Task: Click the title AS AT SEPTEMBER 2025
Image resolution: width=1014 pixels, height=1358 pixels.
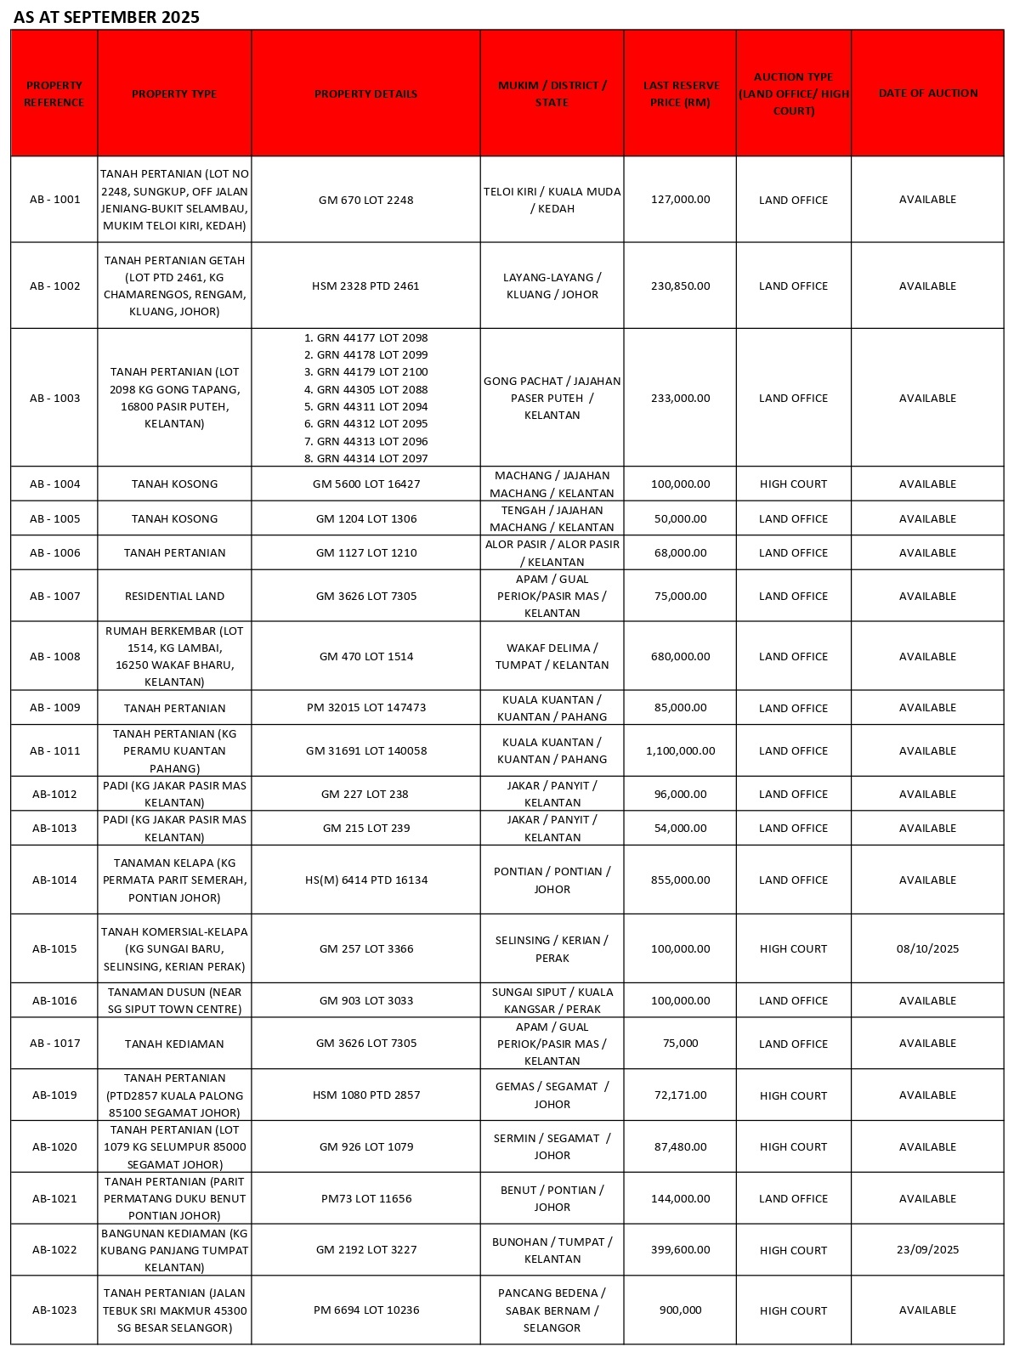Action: coord(106,17)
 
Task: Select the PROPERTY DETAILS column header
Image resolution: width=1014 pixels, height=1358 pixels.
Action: coord(365,93)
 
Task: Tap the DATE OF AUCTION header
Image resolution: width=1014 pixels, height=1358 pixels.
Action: coord(927,93)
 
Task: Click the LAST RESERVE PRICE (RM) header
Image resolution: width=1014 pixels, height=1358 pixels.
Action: coord(680,93)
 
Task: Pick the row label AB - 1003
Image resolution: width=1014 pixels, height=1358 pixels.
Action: coord(54,398)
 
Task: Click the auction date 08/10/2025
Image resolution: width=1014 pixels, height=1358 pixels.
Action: coord(927,948)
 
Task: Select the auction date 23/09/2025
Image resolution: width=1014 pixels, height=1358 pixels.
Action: coord(927,1249)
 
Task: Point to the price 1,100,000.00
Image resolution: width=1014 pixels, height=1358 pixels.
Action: coord(680,750)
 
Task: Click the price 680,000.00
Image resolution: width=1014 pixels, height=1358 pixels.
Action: coord(680,656)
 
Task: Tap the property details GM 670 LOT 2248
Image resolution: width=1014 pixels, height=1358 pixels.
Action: coord(365,200)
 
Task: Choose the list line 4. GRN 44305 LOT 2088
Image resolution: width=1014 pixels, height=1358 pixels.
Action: coord(365,389)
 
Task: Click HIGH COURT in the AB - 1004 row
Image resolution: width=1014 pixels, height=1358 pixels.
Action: coord(793,484)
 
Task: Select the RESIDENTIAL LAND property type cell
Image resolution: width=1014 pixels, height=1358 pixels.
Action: coord(174,596)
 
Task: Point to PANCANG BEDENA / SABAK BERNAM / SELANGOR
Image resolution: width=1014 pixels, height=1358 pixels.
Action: coord(552,1310)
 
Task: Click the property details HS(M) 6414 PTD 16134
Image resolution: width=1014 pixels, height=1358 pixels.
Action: coord(365,880)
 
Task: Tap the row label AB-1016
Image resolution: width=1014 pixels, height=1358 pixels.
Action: coord(54,1000)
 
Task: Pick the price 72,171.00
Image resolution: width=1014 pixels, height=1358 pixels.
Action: coord(680,1095)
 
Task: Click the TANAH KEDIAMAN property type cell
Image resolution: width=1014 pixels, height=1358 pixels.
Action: coord(174,1044)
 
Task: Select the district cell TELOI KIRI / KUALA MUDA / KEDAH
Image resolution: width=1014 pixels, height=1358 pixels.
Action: coord(552,200)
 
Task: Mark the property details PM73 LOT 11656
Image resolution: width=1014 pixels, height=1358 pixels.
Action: coord(365,1198)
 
